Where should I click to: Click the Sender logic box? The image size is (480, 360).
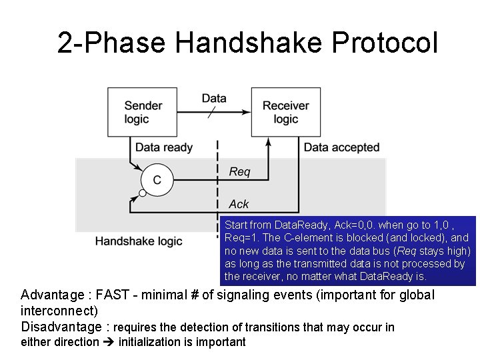pos(143,113)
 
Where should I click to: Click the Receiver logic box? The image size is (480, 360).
pos(285,113)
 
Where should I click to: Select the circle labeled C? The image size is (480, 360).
pos(157,180)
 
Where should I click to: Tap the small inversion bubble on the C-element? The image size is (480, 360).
pos(142,194)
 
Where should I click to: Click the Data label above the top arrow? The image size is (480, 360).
pos(213,99)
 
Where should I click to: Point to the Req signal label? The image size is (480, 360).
pos(239,172)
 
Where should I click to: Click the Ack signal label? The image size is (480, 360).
pos(239,204)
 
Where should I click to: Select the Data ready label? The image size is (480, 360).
pos(164,147)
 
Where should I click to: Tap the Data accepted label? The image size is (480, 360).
pos(341,147)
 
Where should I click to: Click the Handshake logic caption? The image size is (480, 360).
pos(139,241)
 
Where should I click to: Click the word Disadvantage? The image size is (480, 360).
pos(62,327)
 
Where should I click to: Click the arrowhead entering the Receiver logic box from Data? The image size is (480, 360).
pos(247,113)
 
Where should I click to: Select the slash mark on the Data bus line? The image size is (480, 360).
pos(211,113)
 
